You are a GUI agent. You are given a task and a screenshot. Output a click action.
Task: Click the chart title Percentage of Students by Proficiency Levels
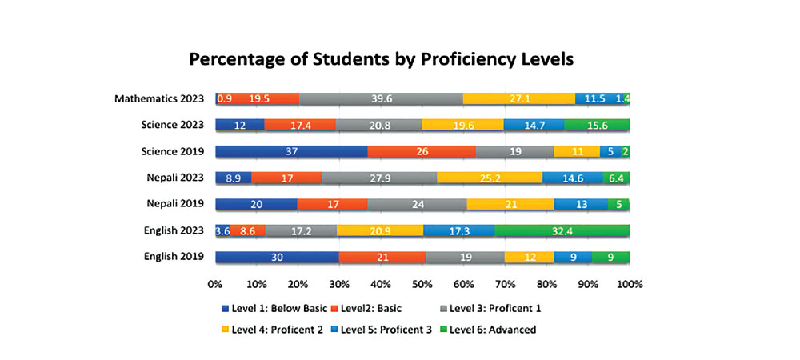pyautogui.click(x=381, y=59)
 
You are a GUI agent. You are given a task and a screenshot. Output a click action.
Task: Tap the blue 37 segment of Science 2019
pyautogui.click(x=291, y=151)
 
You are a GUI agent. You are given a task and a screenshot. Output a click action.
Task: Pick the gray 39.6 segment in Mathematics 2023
pyautogui.click(x=381, y=98)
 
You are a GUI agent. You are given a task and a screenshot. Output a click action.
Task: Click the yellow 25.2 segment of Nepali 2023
pyautogui.click(x=490, y=178)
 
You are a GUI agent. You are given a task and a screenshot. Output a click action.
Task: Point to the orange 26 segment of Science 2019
pyautogui.click(x=422, y=151)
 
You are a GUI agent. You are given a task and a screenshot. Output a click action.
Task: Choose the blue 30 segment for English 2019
pyautogui.click(x=277, y=257)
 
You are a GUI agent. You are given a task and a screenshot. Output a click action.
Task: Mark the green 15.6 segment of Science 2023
pyautogui.click(x=597, y=125)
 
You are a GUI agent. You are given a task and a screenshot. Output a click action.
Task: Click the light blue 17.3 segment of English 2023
pyautogui.click(x=458, y=230)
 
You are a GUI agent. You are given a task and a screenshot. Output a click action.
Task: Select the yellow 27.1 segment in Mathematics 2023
pyautogui.click(x=519, y=98)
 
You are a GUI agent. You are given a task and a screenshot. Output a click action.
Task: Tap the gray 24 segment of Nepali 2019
pyautogui.click(x=417, y=204)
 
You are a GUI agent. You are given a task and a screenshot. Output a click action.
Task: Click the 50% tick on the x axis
pyautogui.click(x=422, y=284)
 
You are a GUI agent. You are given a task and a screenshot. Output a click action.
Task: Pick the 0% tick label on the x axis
pyautogui.click(x=215, y=284)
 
